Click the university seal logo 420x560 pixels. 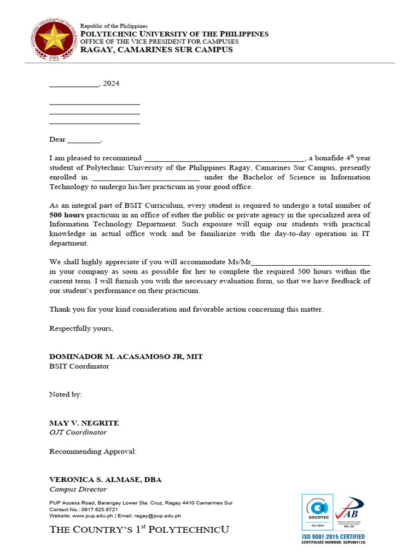pyautogui.click(x=53, y=39)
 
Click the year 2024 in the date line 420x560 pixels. pyautogui.click(x=111, y=84)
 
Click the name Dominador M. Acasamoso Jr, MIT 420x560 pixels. pyautogui.click(x=126, y=357)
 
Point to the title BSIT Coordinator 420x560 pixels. pyautogui.click(x=79, y=366)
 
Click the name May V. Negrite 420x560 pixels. pyautogui.click(x=84, y=423)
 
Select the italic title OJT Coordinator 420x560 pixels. pyautogui.click(x=78, y=432)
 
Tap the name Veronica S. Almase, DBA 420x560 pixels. pyautogui.click(x=105, y=480)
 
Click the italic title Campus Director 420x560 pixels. pyautogui.click(x=78, y=489)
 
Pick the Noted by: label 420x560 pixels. pyautogui.click(x=66, y=394)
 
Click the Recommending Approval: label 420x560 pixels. pyautogui.click(x=93, y=451)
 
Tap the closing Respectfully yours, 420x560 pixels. pyautogui.click(x=81, y=328)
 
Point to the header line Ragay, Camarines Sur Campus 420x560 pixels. pyautogui.click(x=156, y=50)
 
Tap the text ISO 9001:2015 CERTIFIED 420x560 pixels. pyautogui.click(x=333, y=536)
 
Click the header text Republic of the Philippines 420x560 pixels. pyautogui.click(x=114, y=26)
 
